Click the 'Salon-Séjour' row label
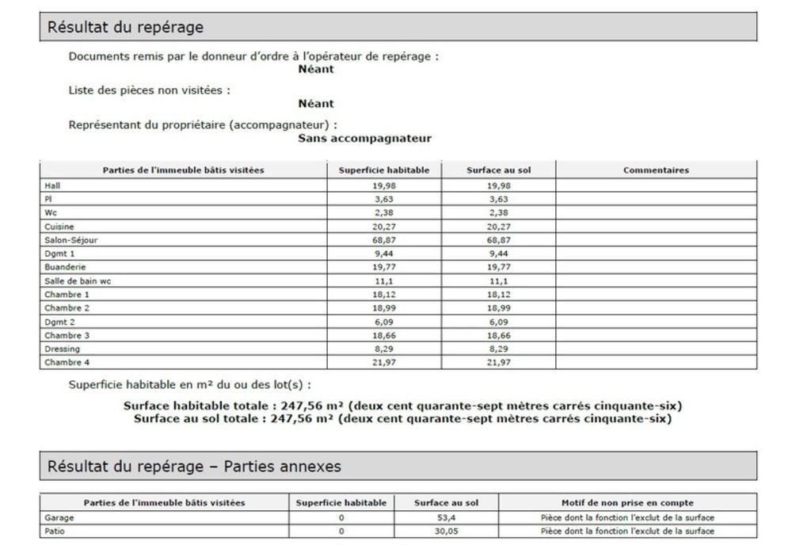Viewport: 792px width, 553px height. click(71, 239)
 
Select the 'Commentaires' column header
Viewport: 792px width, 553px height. click(656, 170)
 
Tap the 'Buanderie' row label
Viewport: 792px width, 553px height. click(64, 267)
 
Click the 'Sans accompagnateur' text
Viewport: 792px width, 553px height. click(364, 138)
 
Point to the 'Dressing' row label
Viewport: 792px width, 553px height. click(62, 349)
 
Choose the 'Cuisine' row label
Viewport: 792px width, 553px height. click(59, 226)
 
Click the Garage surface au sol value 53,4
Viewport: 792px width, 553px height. click(446, 517)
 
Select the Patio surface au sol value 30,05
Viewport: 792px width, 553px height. click(446, 531)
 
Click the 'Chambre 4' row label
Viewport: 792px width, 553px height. click(67, 362)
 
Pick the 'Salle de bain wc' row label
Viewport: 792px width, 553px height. click(78, 280)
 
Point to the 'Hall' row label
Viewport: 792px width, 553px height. click(52, 185)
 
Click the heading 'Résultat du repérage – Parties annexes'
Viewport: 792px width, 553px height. click(195, 467)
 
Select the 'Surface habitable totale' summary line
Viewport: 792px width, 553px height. click(402, 406)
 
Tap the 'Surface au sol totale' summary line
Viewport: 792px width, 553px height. click(402, 418)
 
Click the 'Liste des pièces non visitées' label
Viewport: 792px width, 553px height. click(150, 90)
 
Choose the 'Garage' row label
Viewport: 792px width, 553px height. click(59, 517)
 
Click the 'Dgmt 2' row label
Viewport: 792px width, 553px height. click(60, 322)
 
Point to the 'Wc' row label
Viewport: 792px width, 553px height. click(50, 212)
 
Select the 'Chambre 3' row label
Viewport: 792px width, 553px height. click(67, 335)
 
